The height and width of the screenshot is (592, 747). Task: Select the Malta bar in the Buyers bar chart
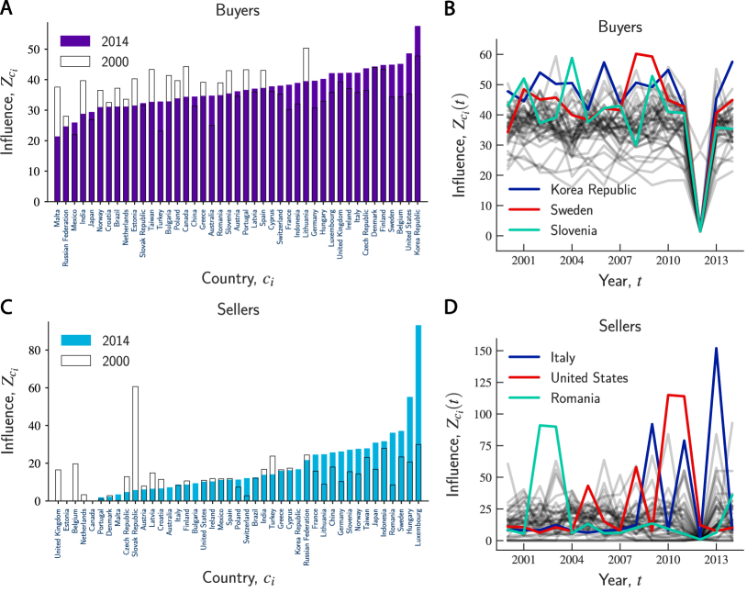pos(58,170)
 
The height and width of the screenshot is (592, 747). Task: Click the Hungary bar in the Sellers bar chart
pos(408,449)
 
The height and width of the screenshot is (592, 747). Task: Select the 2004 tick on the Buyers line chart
pos(572,260)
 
